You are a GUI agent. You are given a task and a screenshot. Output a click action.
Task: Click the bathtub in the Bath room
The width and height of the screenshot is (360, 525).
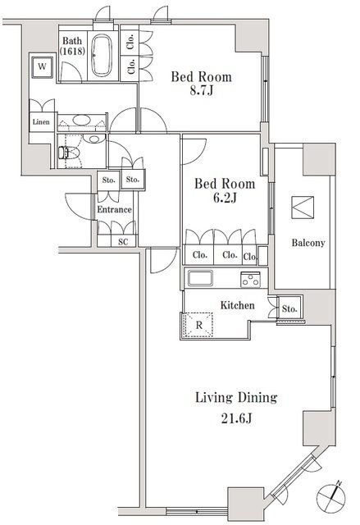tap(102, 55)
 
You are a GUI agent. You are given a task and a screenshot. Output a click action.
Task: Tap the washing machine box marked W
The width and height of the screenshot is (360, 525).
tap(42, 66)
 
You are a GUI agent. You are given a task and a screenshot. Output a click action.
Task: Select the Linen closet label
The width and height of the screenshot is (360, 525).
tap(41, 122)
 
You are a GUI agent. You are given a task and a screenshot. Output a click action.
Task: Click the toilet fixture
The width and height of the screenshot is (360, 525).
tap(69, 153)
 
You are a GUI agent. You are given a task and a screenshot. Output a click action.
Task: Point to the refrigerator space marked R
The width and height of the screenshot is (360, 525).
tap(198, 325)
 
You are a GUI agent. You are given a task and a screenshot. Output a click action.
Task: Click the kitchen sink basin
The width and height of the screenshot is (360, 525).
tap(200, 278)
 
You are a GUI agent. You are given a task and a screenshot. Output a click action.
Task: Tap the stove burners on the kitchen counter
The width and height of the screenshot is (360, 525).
tap(250, 279)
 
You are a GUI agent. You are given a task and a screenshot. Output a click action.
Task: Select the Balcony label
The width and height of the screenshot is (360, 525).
tap(308, 243)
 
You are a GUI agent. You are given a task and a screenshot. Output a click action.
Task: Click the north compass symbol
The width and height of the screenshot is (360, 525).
tap(331, 497)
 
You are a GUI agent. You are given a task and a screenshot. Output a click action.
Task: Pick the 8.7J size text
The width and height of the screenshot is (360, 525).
tap(202, 91)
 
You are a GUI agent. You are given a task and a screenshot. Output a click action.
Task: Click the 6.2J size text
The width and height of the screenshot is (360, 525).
tap(225, 198)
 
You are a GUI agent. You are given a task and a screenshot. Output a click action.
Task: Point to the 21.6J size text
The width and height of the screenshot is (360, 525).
tap(236, 418)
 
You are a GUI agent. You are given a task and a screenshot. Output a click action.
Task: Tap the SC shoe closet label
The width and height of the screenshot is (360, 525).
tap(123, 241)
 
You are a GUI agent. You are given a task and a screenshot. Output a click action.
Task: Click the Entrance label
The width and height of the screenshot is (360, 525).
tap(114, 210)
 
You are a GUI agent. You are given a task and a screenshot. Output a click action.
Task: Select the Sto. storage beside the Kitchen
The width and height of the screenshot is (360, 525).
tap(289, 308)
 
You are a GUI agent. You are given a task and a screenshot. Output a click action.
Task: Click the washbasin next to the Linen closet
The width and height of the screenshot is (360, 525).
tap(81, 120)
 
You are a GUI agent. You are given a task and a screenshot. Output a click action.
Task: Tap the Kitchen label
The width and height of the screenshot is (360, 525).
tap(237, 305)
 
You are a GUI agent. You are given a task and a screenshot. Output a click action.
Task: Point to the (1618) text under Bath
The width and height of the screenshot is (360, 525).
tap(72, 51)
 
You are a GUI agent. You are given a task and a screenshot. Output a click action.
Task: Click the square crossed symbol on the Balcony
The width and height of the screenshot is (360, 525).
tap(303, 208)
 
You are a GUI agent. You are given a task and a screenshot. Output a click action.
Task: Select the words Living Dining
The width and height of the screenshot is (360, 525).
tap(236, 398)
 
